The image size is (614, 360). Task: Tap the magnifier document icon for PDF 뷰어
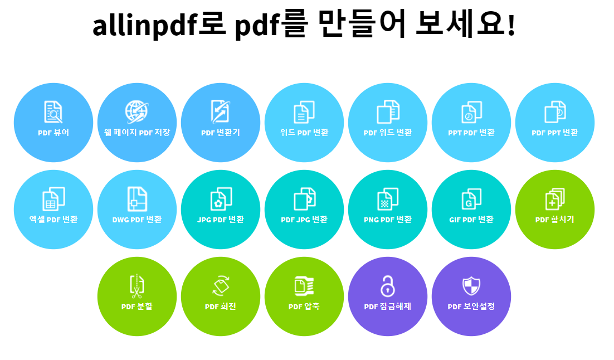point(53,112)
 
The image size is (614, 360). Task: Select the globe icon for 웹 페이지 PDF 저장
point(137,111)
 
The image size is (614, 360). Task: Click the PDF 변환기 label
point(221,133)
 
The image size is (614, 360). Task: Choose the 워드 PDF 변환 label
point(304,133)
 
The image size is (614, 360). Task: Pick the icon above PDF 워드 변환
point(388,111)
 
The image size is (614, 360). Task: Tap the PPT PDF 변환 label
point(471,133)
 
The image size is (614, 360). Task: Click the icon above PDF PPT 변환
point(555,111)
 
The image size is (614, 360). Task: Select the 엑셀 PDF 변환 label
point(53,220)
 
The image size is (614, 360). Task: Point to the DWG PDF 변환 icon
point(137,198)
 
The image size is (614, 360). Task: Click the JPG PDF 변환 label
point(221,220)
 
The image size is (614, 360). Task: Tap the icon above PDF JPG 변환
point(304,198)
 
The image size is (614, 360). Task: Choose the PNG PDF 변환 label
point(388,220)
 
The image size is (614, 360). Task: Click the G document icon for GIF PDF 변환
point(471,198)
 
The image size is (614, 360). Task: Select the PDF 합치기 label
point(555,220)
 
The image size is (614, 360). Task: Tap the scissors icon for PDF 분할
point(137,285)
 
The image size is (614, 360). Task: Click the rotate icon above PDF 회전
point(221,285)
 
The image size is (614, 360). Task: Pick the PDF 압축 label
point(304,307)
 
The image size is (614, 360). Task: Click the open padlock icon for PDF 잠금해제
point(388,285)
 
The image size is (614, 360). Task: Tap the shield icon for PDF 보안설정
point(471,285)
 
